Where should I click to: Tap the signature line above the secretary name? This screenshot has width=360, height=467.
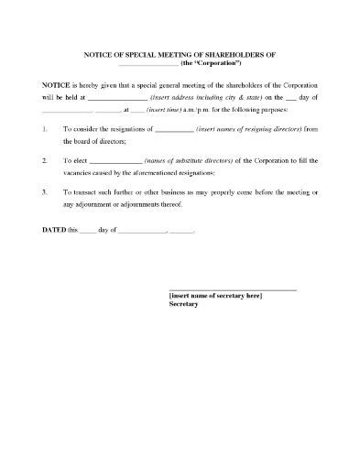click(x=233, y=289)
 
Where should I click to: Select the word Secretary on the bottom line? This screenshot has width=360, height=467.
click(x=184, y=305)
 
